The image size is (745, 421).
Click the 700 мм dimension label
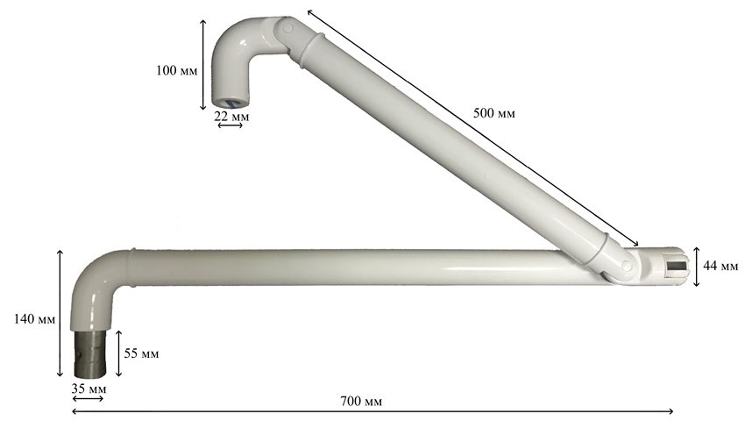pyautogui.click(x=361, y=401)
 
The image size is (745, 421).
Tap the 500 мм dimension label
pyautogui.click(x=493, y=113)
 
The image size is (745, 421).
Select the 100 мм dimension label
pyautogui.click(x=176, y=70)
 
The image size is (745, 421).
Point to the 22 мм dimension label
pyautogui.click(x=231, y=116)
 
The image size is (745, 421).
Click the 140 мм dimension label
pyautogui.click(x=34, y=318)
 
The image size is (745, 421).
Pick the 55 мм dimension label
pyautogui.click(x=142, y=353)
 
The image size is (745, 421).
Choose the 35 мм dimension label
pyautogui.click(x=89, y=389)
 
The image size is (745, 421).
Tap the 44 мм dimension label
pyautogui.click(x=720, y=266)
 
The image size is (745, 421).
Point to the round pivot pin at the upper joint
pyautogui.click(x=287, y=28)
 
